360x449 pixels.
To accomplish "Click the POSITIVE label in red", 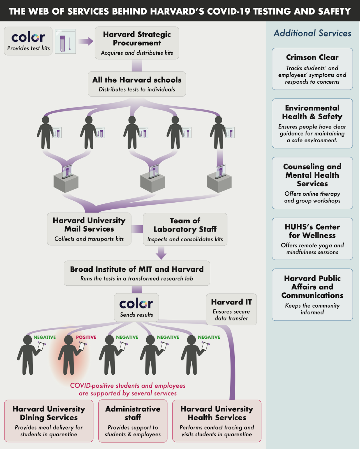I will (x=86, y=337).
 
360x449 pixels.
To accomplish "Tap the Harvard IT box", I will (x=231, y=309).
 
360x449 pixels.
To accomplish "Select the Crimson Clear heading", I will (x=312, y=57).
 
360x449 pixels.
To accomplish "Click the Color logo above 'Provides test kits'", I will (x=28, y=37).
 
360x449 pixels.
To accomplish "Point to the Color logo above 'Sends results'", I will (x=136, y=304).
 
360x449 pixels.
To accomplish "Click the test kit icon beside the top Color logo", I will (x=65, y=41).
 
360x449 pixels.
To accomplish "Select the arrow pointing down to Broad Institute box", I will (x=161, y=253).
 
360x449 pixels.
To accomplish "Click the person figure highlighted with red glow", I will (x=68, y=355).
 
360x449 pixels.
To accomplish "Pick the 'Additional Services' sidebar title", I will (x=312, y=33).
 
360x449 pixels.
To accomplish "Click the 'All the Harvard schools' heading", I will (x=137, y=80).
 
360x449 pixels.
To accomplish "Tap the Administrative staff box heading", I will (x=133, y=413).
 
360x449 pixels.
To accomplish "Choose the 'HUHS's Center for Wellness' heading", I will (x=312, y=231).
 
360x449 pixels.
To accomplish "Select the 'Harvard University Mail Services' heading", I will (x=89, y=224).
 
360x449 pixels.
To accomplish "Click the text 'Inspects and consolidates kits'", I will (x=185, y=239).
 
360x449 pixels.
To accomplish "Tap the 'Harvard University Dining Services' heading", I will (x=49, y=413).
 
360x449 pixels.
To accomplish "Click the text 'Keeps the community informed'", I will (x=312, y=309).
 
